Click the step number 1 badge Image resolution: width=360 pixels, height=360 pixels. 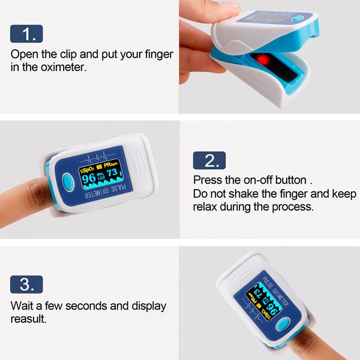(26, 34)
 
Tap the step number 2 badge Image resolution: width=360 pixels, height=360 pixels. (209, 160)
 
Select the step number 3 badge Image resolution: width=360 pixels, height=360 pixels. (26, 284)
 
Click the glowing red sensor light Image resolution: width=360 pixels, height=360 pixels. (263, 59)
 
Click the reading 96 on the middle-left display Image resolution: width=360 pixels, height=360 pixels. (88, 178)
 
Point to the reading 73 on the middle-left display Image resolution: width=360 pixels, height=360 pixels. (113, 172)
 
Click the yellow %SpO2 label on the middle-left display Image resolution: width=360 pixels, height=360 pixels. (86, 170)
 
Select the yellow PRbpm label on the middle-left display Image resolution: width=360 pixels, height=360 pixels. (110, 164)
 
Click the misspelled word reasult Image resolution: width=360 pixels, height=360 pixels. (28, 319)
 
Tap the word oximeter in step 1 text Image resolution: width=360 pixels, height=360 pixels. (64, 67)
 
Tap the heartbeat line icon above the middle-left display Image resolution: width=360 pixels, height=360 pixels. (97, 157)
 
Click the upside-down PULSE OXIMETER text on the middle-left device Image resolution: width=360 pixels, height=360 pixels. (106, 193)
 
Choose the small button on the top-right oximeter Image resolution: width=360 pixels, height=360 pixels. (298, 18)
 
